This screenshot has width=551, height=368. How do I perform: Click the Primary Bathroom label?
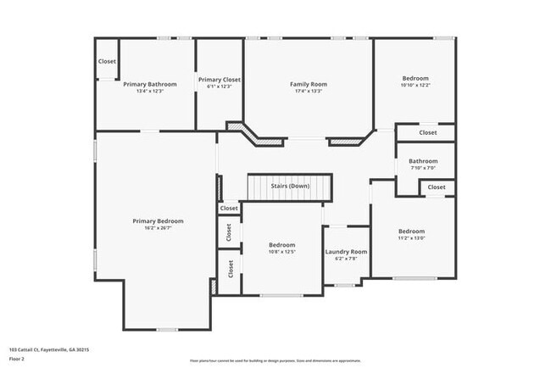pyautogui.click(x=150, y=84)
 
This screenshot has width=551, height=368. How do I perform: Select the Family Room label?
pyautogui.click(x=308, y=84)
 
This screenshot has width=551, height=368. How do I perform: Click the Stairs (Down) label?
pyautogui.click(x=289, y=186)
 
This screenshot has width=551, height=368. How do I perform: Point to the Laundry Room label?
pyautogui.click(x=346, y=252)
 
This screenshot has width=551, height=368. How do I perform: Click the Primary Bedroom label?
pyautogui.click(x=158, y=220)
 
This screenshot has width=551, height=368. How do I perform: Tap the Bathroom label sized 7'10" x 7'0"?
pyautogui.click(x=423, y=161)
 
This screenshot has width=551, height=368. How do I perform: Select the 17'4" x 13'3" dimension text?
pyautogui.click(x=308, y=91)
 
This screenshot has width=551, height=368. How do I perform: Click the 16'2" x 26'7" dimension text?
pyautogui.click(x=158, y=227)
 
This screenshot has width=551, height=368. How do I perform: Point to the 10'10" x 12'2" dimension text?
pyautogui.click(x=415, y=85)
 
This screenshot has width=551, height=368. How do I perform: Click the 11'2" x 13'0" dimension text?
pyautogui.click(x=411, y=238)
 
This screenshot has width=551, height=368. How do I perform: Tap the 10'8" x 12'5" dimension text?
pyautogui.click(x=282, y=252)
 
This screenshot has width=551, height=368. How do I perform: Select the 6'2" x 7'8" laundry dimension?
pyautogui.click(x=346, y=259)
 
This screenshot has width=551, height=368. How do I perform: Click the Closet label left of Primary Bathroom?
pyautogui.click(x=107, y=61)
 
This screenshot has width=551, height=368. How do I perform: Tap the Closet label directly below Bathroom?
pyautogui.click(x=436, y=187)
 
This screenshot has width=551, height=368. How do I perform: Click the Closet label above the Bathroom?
pyautogui.click(x=428, y=132)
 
